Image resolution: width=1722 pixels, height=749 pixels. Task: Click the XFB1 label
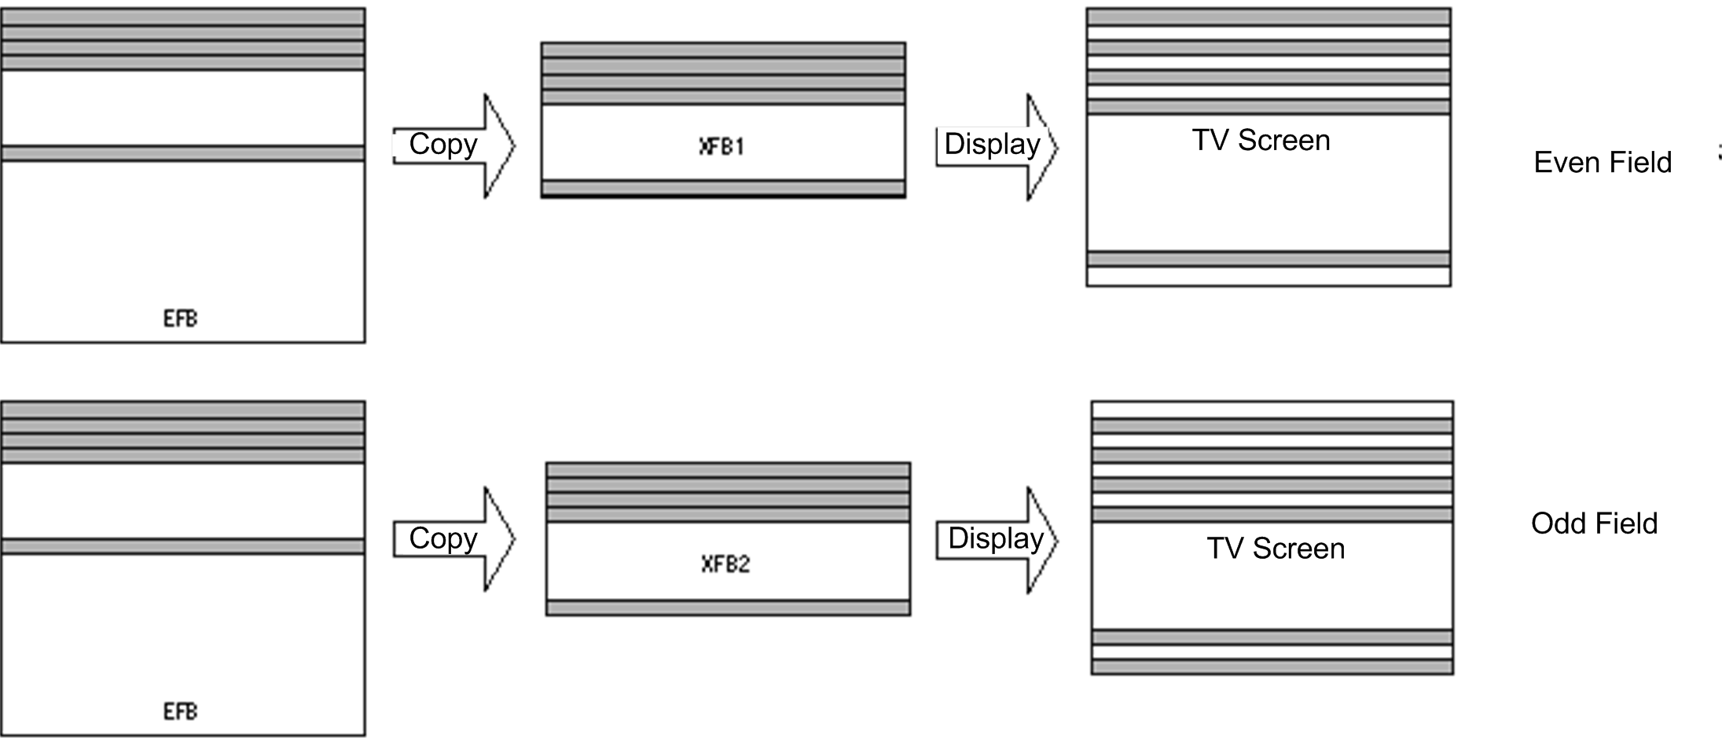click(721, 146)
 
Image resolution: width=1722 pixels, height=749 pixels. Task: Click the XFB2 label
click(725, 564)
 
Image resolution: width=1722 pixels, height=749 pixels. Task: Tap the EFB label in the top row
click(180, 318)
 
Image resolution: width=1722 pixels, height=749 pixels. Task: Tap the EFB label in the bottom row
click(180, 711)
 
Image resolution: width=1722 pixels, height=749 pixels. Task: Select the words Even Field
click(1602, 163)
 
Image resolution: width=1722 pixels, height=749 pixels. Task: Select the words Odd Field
click(1594, 523)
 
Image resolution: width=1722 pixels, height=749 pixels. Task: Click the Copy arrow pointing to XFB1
click(453, 145)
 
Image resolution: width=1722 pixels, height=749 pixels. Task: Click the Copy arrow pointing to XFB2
click(453, 539)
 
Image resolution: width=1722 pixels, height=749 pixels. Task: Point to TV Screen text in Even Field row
click(1261, 141)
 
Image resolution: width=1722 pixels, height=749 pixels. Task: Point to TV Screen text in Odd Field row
click(1275, 549)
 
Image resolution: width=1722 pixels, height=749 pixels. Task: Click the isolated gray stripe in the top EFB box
click(182, 153)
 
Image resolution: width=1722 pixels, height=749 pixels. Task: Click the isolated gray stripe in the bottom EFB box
click(182, 546)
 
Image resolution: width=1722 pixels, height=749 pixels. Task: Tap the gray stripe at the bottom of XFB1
click(723, 187)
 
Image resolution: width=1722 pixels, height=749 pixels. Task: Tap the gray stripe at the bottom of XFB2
click(728, 608)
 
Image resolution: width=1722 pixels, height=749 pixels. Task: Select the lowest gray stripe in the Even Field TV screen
click(1269, 259)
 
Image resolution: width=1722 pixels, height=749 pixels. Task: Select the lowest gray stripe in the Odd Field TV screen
click(1272, 666)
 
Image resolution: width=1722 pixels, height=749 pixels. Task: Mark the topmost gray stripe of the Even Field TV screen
click(1269, 17)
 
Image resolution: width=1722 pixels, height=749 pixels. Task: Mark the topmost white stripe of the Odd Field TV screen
click(1272, 409)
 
